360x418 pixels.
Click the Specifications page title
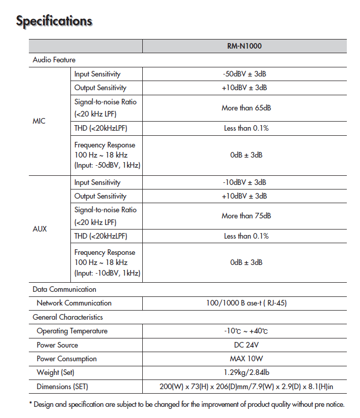[x=54, y=21]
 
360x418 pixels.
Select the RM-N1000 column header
[x=245, y=46]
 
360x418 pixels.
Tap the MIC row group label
[x=39, y=122]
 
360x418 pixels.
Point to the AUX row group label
[x=39, y=229]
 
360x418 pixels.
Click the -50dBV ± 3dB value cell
[x=245, y=74]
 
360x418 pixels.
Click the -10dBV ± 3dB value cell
[x=245, y=182]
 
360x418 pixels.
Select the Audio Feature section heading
[x=54, y=60]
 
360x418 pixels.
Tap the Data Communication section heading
[x=64, y=289]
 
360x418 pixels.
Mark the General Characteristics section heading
[x=68, y=317]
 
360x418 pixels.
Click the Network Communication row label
[x=74, y=303]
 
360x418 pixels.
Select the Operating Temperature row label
[x=72, y=331]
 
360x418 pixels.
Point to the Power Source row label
[x=57, y=345]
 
